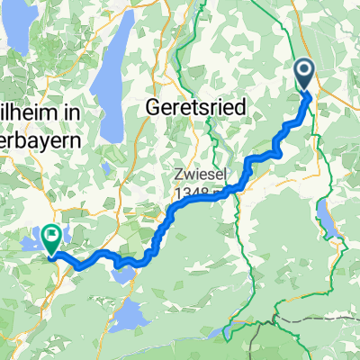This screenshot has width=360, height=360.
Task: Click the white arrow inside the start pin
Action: [x=304, y=72]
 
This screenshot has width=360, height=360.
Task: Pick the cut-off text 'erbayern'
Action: [x=36, y=141]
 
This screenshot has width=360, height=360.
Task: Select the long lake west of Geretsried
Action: [x=112, y=90]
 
